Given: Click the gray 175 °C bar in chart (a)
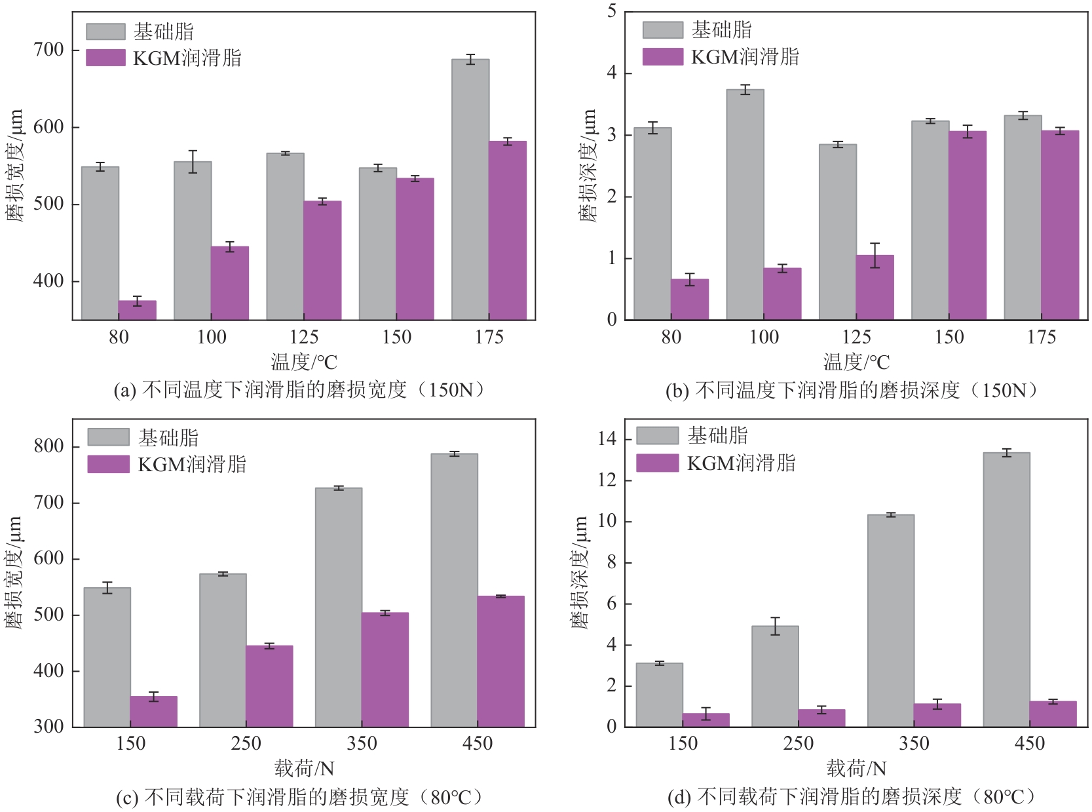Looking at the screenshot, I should pos(470,189).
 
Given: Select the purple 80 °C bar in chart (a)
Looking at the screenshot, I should pos(137,311).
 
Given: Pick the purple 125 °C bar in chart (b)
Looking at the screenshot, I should pos(875,288).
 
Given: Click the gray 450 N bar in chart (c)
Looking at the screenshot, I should pos(454,590).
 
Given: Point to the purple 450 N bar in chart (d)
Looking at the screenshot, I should pos(1053,714).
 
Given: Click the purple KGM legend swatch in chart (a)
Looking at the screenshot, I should pos(105,58).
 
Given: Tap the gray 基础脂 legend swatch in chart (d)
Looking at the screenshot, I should pos(657,436).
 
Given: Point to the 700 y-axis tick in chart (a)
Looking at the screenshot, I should pos(48,50).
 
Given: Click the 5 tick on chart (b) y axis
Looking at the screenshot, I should pos(612,11).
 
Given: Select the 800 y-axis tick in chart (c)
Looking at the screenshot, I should pos(48,446).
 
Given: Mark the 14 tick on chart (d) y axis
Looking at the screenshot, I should pos(607,439).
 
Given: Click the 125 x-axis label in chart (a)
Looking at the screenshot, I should pos(304,337).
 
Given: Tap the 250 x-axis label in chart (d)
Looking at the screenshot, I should pos(798,743).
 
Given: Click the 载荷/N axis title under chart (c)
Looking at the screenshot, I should pos(304,768).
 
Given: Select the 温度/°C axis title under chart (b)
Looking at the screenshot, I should pos(856,362).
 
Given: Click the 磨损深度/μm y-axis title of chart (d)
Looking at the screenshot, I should pos(580,572).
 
